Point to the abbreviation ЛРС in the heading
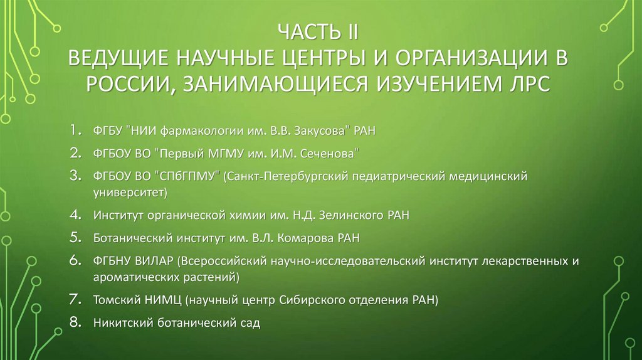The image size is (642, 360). point(527,83)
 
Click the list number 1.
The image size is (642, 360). point(75,130)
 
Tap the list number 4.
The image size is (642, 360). point(75,216)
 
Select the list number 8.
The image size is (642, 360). point(75,324)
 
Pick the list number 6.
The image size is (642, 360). point(75,259)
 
